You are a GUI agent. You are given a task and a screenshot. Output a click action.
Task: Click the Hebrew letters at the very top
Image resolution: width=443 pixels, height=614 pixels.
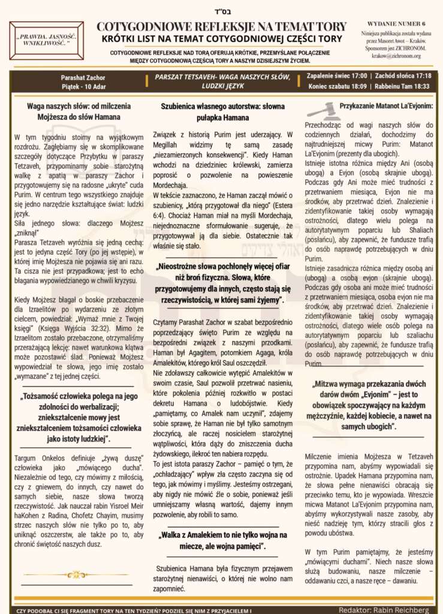(x=221, y=10)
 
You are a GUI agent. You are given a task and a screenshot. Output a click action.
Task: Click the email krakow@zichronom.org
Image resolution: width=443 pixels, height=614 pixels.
(x=394, y=56)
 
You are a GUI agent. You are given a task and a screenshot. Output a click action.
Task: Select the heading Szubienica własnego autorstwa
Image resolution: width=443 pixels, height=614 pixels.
(x=221, y=106)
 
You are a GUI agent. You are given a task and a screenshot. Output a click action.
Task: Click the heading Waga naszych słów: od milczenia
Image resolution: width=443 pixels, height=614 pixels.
(x=74, y=106)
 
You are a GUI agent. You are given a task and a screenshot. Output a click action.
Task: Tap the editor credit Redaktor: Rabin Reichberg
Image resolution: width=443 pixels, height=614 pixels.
(x=384, y=610)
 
